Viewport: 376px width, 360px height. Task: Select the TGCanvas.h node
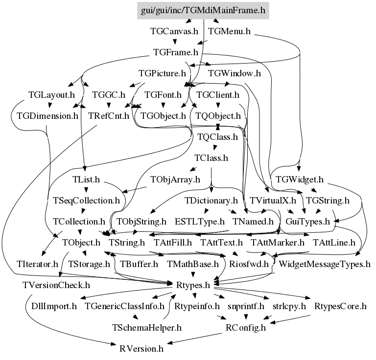point(174,31)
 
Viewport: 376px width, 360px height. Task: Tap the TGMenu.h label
point(230,31)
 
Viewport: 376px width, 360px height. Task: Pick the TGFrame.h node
point(176,52)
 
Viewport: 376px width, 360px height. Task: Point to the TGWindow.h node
point(235,74)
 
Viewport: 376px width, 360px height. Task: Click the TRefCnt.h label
point(109,116)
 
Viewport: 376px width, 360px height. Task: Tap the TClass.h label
point(211,158)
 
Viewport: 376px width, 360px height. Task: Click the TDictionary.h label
point(211,200)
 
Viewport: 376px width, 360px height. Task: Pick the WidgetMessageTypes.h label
point(324,264)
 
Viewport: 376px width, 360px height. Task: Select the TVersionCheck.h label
point(56,285)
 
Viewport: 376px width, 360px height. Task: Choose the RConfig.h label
point(245,327)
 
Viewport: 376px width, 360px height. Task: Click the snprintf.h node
point(245,306)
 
